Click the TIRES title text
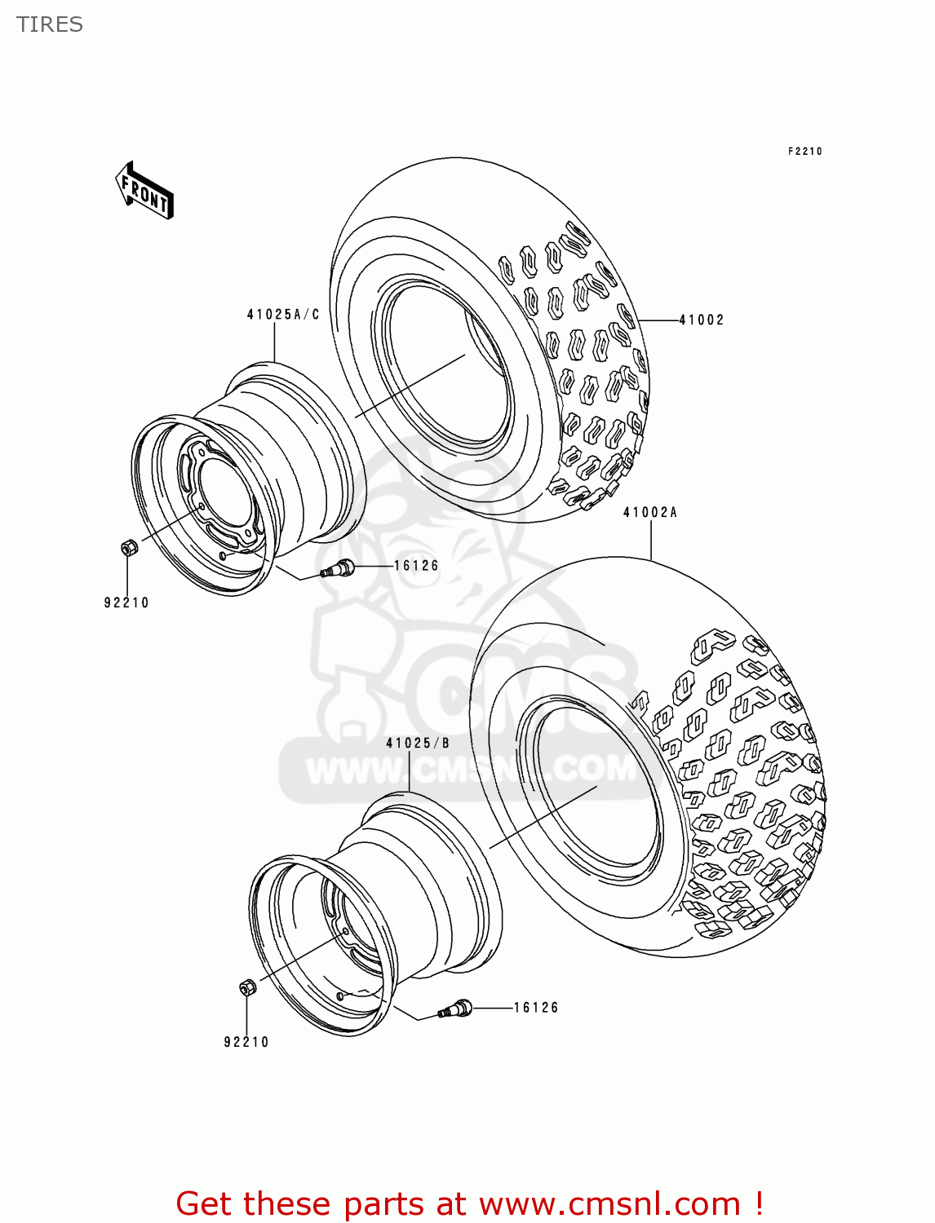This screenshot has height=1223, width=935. point(50,24)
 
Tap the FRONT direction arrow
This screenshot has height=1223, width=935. point(145,191)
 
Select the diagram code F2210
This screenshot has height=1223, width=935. point(804,151)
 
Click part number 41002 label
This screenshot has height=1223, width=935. point(702,320)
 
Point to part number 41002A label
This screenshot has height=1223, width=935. point(650,512)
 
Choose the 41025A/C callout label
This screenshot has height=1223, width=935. point(283,314)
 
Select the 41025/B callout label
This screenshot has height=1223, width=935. point(418,743)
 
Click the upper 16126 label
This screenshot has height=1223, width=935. point(416,565)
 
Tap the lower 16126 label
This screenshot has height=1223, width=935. point(536,1008)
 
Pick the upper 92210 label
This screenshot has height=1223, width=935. point(126,603)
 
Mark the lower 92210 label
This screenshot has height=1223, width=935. point(246,1042)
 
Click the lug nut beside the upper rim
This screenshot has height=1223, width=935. point(128,548)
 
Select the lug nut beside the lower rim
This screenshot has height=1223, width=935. point(248,987)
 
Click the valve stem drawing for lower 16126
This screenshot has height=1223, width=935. point(457,1009)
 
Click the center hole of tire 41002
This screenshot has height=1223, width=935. point(445,367)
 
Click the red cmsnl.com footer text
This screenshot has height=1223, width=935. point(469,1203)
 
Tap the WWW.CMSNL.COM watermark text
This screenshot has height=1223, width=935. point(469,770)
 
